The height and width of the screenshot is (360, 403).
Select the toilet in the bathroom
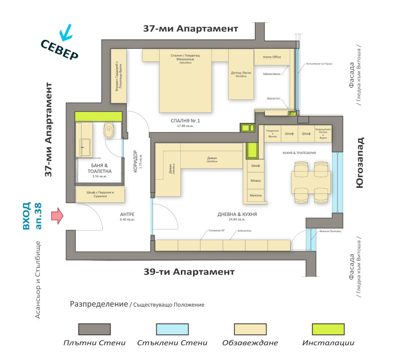tap(109, 132)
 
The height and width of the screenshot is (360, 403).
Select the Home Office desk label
tap(272, 57)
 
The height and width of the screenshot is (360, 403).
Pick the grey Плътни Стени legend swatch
tap(94, 329)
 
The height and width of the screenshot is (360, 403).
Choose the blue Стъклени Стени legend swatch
tap(172, 329)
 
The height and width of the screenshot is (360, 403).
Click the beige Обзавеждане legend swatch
tap(250, 329)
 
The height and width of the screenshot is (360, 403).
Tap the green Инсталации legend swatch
tap(328, 329)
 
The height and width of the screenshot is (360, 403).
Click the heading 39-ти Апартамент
tap(188, 272)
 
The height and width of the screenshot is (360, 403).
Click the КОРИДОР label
tap(136, 162)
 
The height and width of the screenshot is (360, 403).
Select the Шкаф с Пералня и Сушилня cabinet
tap(100, 194)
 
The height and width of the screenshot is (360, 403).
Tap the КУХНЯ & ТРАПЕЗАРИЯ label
tap(299, 153)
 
